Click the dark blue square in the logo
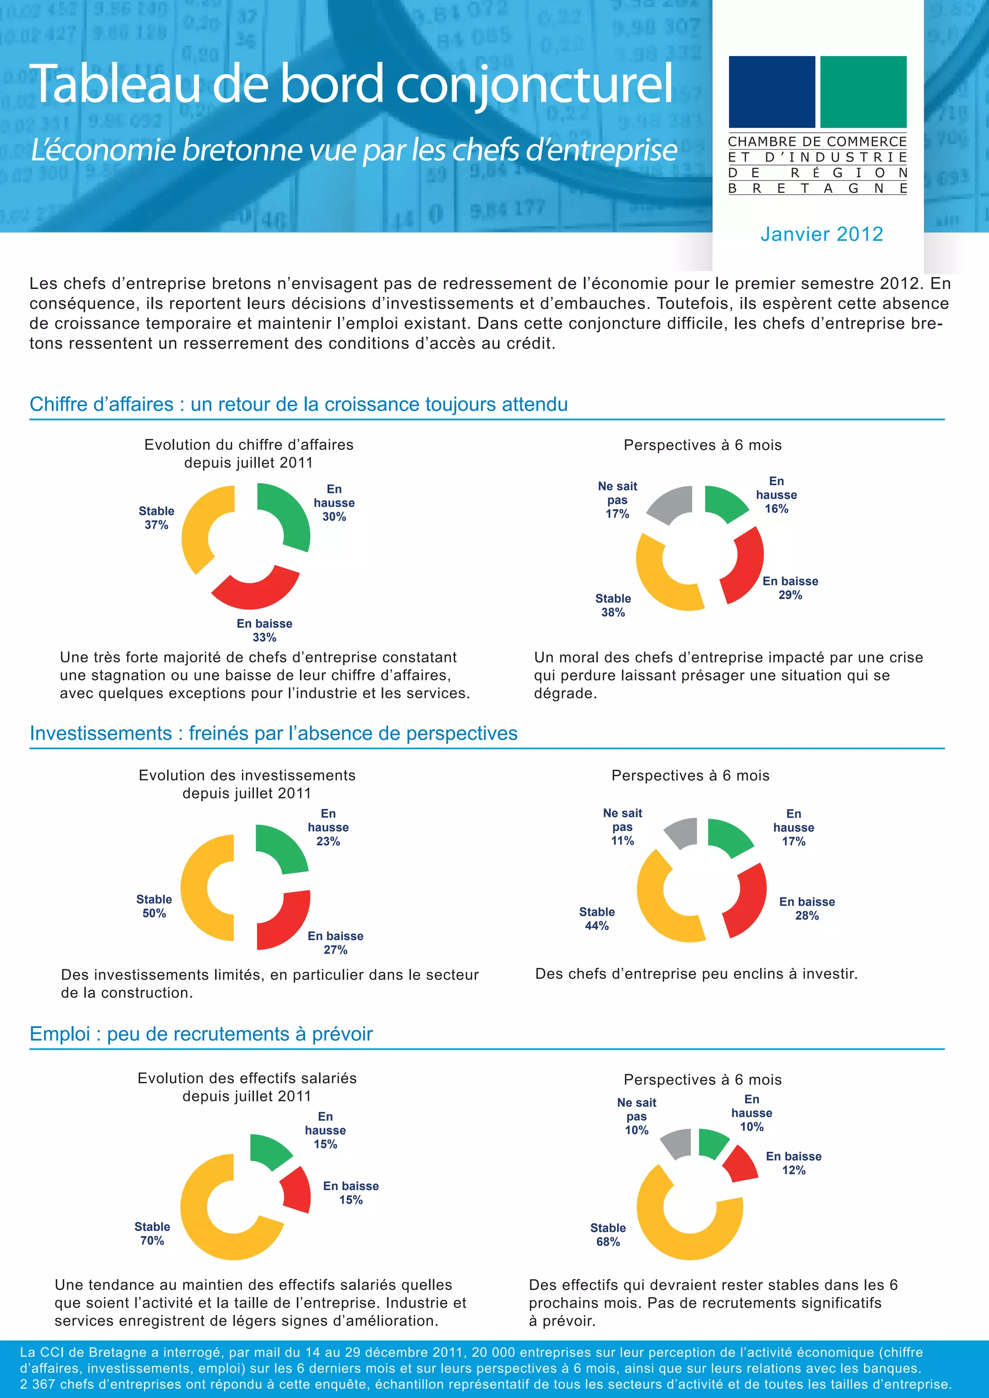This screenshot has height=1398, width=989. pyautogui.click(x=772, y=91)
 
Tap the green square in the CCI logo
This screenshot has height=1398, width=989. pyautogui.click(x=863, y=91)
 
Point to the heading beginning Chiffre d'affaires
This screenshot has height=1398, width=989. pyautogui.click(x=298, y=405)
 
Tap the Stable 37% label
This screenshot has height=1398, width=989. pyautogui.click(x=156, y=517)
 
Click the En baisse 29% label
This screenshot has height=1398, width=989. pyautogui.click(x=791, y=588)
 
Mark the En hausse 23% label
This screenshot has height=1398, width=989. pyautogui.click(x=328, y=827)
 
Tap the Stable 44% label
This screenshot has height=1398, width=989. pyautogui.click(x=597, y=919)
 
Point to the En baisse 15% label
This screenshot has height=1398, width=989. pyautogui.click(x=351, y=1193)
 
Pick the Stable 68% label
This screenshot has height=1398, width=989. pyautogui.click(x=608, y=1235)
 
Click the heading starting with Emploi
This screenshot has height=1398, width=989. pyautogui.click(x=201, y=1034)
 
